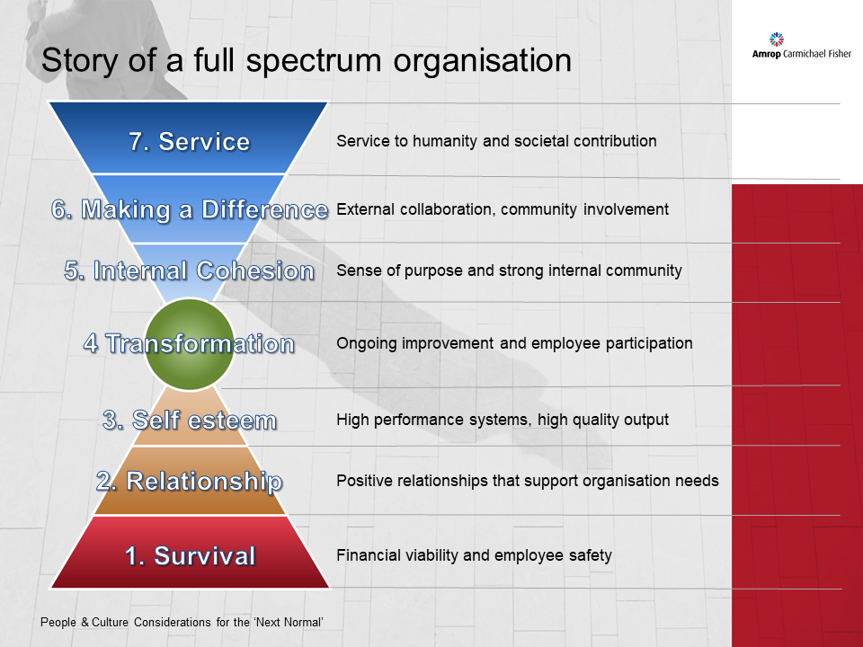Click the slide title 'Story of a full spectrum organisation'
307,60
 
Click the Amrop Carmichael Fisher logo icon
778,39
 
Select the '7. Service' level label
189,141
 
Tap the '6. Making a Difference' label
189,209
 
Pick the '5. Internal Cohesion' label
189,270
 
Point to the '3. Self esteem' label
189,420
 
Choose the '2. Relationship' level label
189,481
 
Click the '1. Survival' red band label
190,555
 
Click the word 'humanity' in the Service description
446,141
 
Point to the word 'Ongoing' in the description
364,343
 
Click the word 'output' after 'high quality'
646,420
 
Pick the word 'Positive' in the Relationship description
364,481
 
